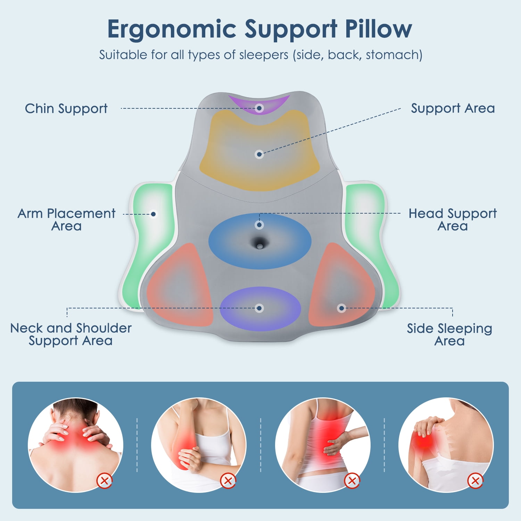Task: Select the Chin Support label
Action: click(x=66, y=109)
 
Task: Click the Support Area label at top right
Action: click(x=453, y=109)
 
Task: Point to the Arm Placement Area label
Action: click(x=66, y=220)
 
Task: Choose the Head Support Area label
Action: click(x=453, y=220)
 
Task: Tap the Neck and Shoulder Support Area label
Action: click(x=71, y=334)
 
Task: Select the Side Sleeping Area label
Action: click(x=449, y=334)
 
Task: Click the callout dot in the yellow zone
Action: click(x=259, y=154)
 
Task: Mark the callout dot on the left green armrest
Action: click(x=153, y=214)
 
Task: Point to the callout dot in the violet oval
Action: click(x=259, y=308)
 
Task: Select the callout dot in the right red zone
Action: click(x=341, y=308)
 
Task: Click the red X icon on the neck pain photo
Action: click(x=104, y=481)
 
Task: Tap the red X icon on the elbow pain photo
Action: click(x=228, y=481)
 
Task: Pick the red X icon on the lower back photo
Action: click(x=352, y=481)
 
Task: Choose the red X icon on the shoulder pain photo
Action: click(x=475, y=481)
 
